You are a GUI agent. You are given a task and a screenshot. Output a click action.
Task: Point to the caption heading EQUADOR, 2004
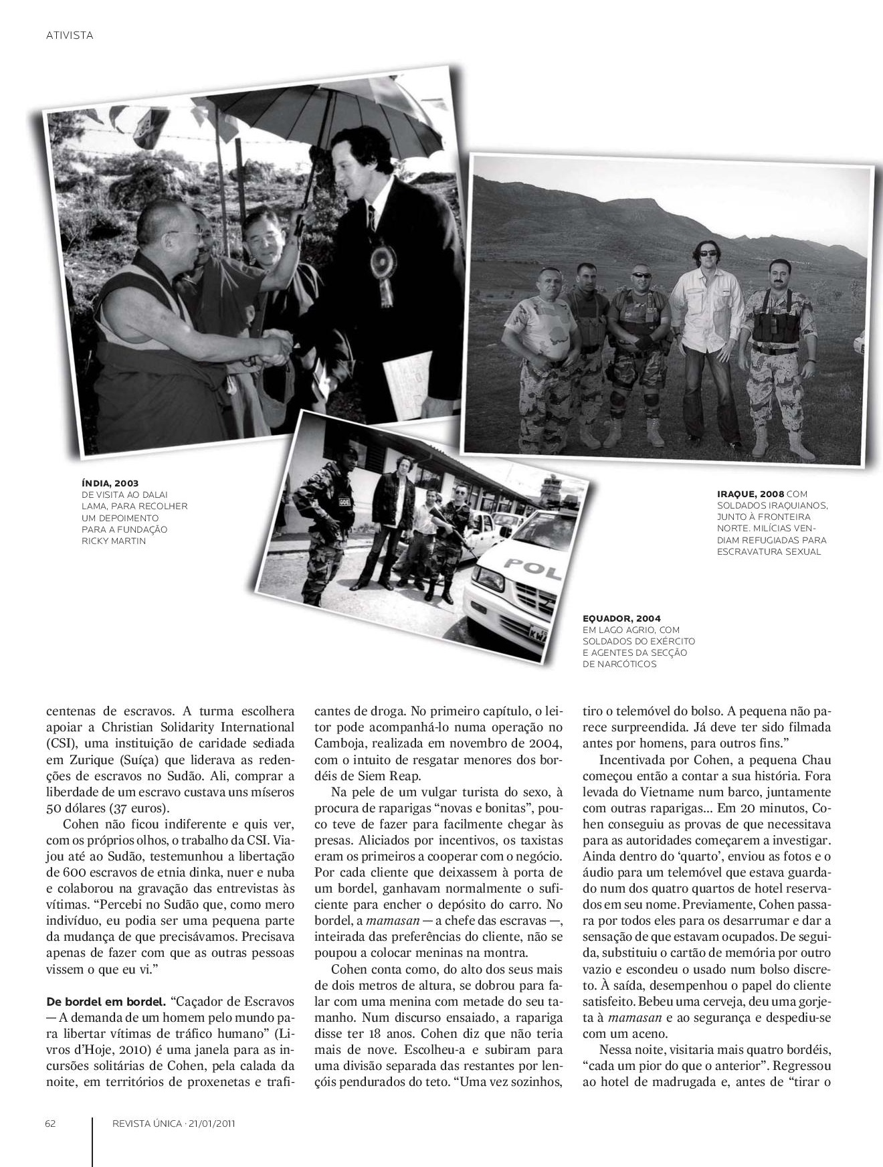pyautogui.click(x=621, y=618)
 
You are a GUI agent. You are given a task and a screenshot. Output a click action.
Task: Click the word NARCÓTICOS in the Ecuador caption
pyautogui.click(x=619, y=664)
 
